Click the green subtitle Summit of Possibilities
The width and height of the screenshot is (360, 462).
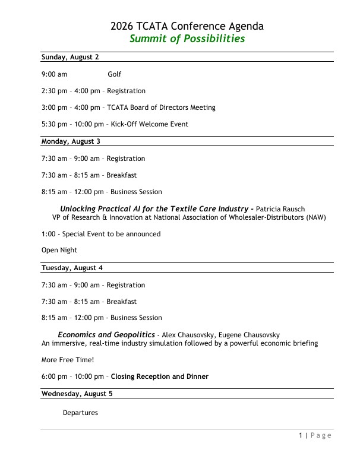click(187, 39)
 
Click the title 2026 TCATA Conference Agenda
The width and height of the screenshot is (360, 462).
click(187, 26)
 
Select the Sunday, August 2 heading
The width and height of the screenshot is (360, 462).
click(70, 57)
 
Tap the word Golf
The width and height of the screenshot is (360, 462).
click(114, 74)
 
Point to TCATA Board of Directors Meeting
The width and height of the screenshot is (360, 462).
click(161, 107)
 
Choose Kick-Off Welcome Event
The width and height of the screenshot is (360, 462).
click(149, 124)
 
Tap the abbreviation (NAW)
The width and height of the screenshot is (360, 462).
click(316, 217)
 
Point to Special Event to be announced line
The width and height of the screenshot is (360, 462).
click(101, 234)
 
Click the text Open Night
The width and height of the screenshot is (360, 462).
click(59, 251)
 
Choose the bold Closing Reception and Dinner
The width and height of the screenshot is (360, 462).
click(160, 376)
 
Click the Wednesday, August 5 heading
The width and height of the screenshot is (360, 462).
click(75, 394)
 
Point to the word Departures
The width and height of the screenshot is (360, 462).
click(80, 413)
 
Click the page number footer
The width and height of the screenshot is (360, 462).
click(314, 436)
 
